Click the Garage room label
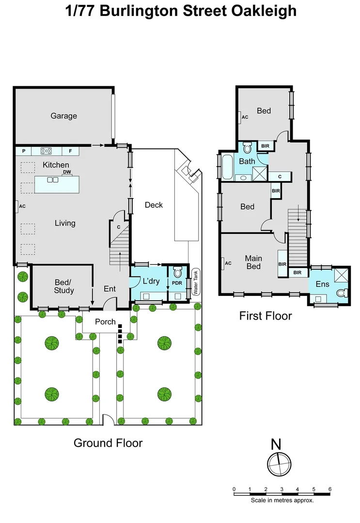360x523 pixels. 64,116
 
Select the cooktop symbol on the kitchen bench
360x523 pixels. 47,151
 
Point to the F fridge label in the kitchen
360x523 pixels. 70,151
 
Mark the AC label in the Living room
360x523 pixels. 22,206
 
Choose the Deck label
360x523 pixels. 154,205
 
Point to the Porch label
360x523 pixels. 105,322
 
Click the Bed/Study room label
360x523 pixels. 63,286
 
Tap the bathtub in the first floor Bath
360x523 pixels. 226,167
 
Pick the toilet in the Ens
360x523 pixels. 343,292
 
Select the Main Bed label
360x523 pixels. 253,262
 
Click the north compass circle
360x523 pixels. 279,464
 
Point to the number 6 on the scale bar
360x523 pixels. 330,489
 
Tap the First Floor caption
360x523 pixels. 266,316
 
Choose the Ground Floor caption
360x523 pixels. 108,443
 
